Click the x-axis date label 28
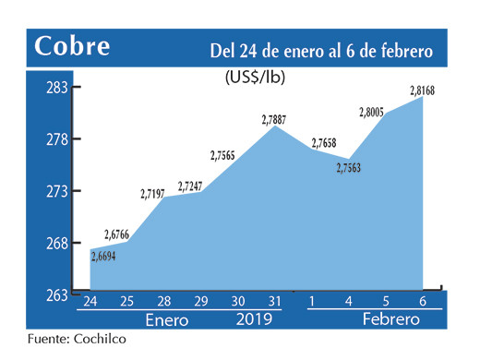click(162, 301)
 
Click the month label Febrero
click(390, 319)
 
